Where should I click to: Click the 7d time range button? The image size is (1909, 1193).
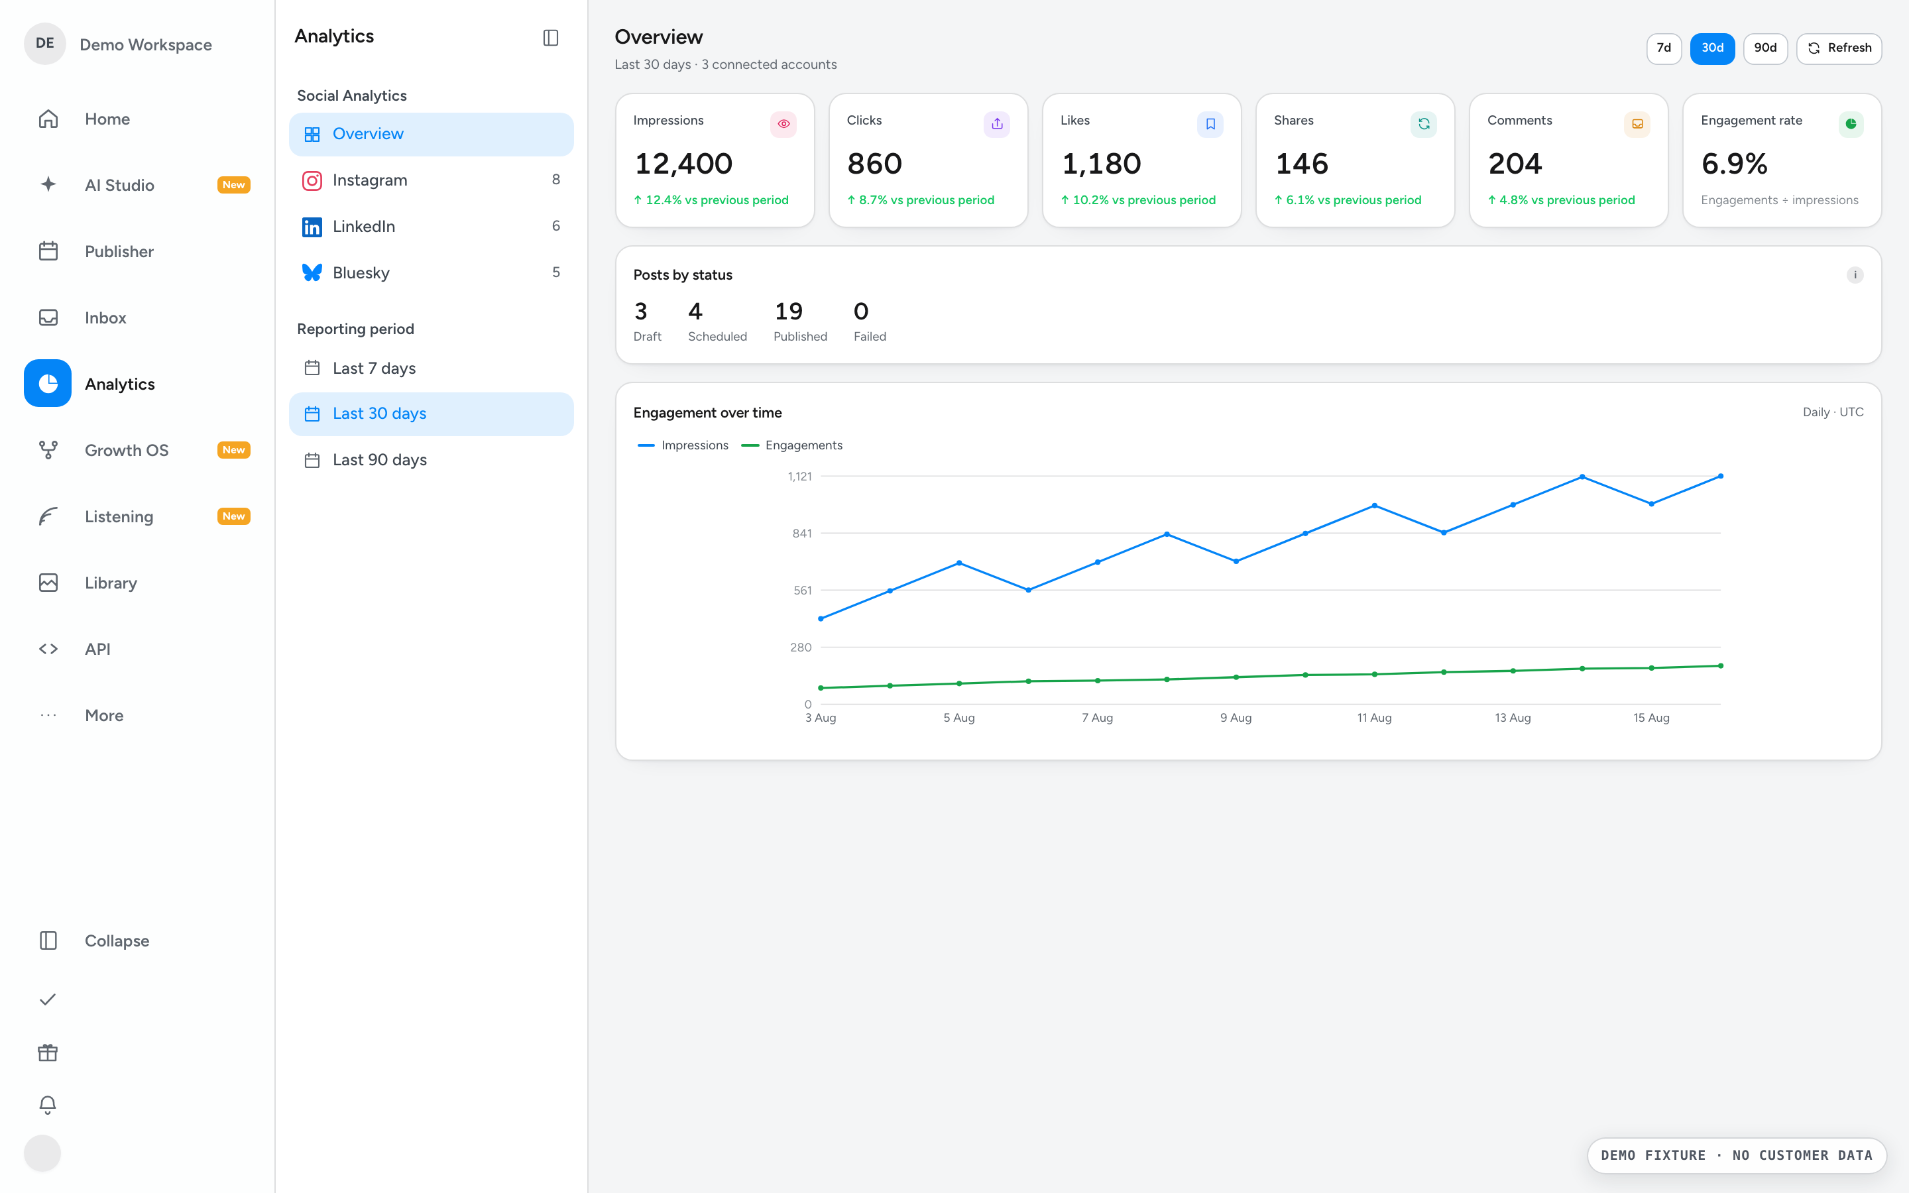1664,48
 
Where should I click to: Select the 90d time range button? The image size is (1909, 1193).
1764,48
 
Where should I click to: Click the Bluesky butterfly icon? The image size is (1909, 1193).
312,272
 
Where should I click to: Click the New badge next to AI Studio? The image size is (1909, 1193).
233,185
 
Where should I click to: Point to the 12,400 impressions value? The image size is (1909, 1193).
683,164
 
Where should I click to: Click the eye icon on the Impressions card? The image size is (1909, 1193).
783,124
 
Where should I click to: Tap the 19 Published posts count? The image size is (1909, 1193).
789,312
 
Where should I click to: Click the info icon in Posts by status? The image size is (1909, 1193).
1855,275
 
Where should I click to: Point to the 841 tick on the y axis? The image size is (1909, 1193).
801,534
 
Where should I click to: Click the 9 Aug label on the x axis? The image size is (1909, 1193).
1236,718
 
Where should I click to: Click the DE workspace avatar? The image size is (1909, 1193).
45,43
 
